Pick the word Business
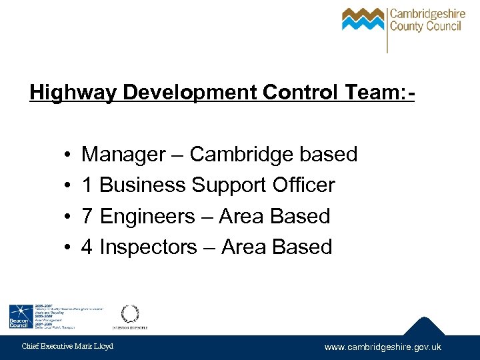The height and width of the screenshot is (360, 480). pos(143,185)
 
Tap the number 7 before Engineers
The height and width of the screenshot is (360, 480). pos(87,217)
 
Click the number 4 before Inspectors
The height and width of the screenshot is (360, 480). pos(87,247)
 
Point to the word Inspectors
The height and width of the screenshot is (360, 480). pos(147,247)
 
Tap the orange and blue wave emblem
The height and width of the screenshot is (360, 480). pos(363,20)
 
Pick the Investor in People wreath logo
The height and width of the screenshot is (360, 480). pos(129,314)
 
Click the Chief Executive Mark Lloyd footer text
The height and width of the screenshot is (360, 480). pos(67,346)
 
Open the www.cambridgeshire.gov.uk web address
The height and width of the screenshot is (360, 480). pos(383,347)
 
